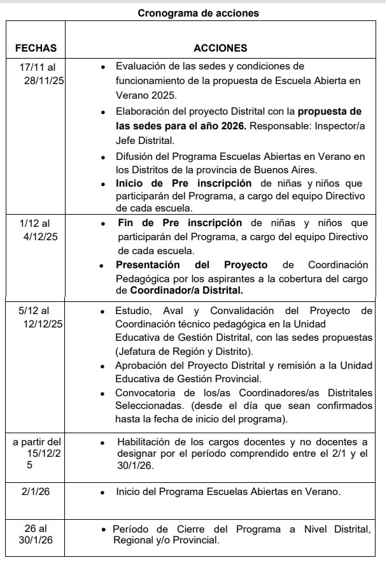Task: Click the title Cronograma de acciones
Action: point(198,12)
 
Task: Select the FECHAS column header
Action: point(36,48)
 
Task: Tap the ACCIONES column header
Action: point(220,48)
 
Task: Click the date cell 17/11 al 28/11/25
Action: point(38,74)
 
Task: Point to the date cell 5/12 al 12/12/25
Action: point(38,317)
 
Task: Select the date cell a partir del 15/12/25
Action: point(38,452)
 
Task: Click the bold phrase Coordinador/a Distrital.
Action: point(186,291)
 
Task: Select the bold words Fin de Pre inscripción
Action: point(180,223)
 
